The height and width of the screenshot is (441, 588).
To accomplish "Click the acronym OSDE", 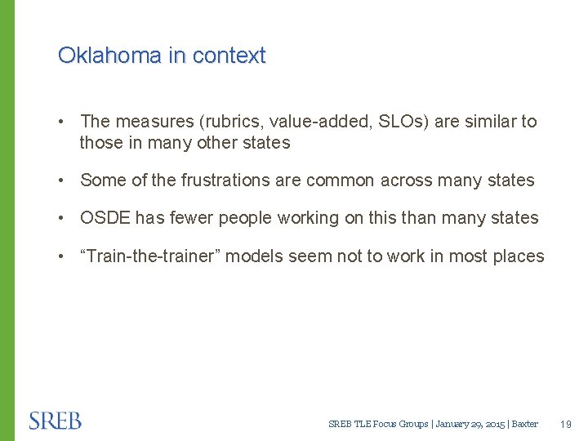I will pyautogui.click(x=105, y=218).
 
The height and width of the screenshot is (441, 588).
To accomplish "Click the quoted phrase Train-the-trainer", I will pyautogui.click(x=150, y=256).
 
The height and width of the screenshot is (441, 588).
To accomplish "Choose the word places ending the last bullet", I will pyautogui.click(x=517, y=256).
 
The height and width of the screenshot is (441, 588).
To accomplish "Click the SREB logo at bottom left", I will pyautogui.click(x=56, y=421).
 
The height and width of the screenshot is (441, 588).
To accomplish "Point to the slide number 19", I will pyautogui.click(x=567, y=424).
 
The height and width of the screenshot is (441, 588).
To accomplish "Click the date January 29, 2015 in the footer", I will pyautogui.click(x=470, y=424).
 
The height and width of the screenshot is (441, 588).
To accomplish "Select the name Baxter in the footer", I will pyautogui.click(x=525, y=424).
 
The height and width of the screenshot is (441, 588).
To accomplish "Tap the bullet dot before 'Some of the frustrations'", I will pyautogui.click(x=63, y=180).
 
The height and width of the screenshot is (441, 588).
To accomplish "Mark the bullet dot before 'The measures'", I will pyautogui.click(x=63, y=122).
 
